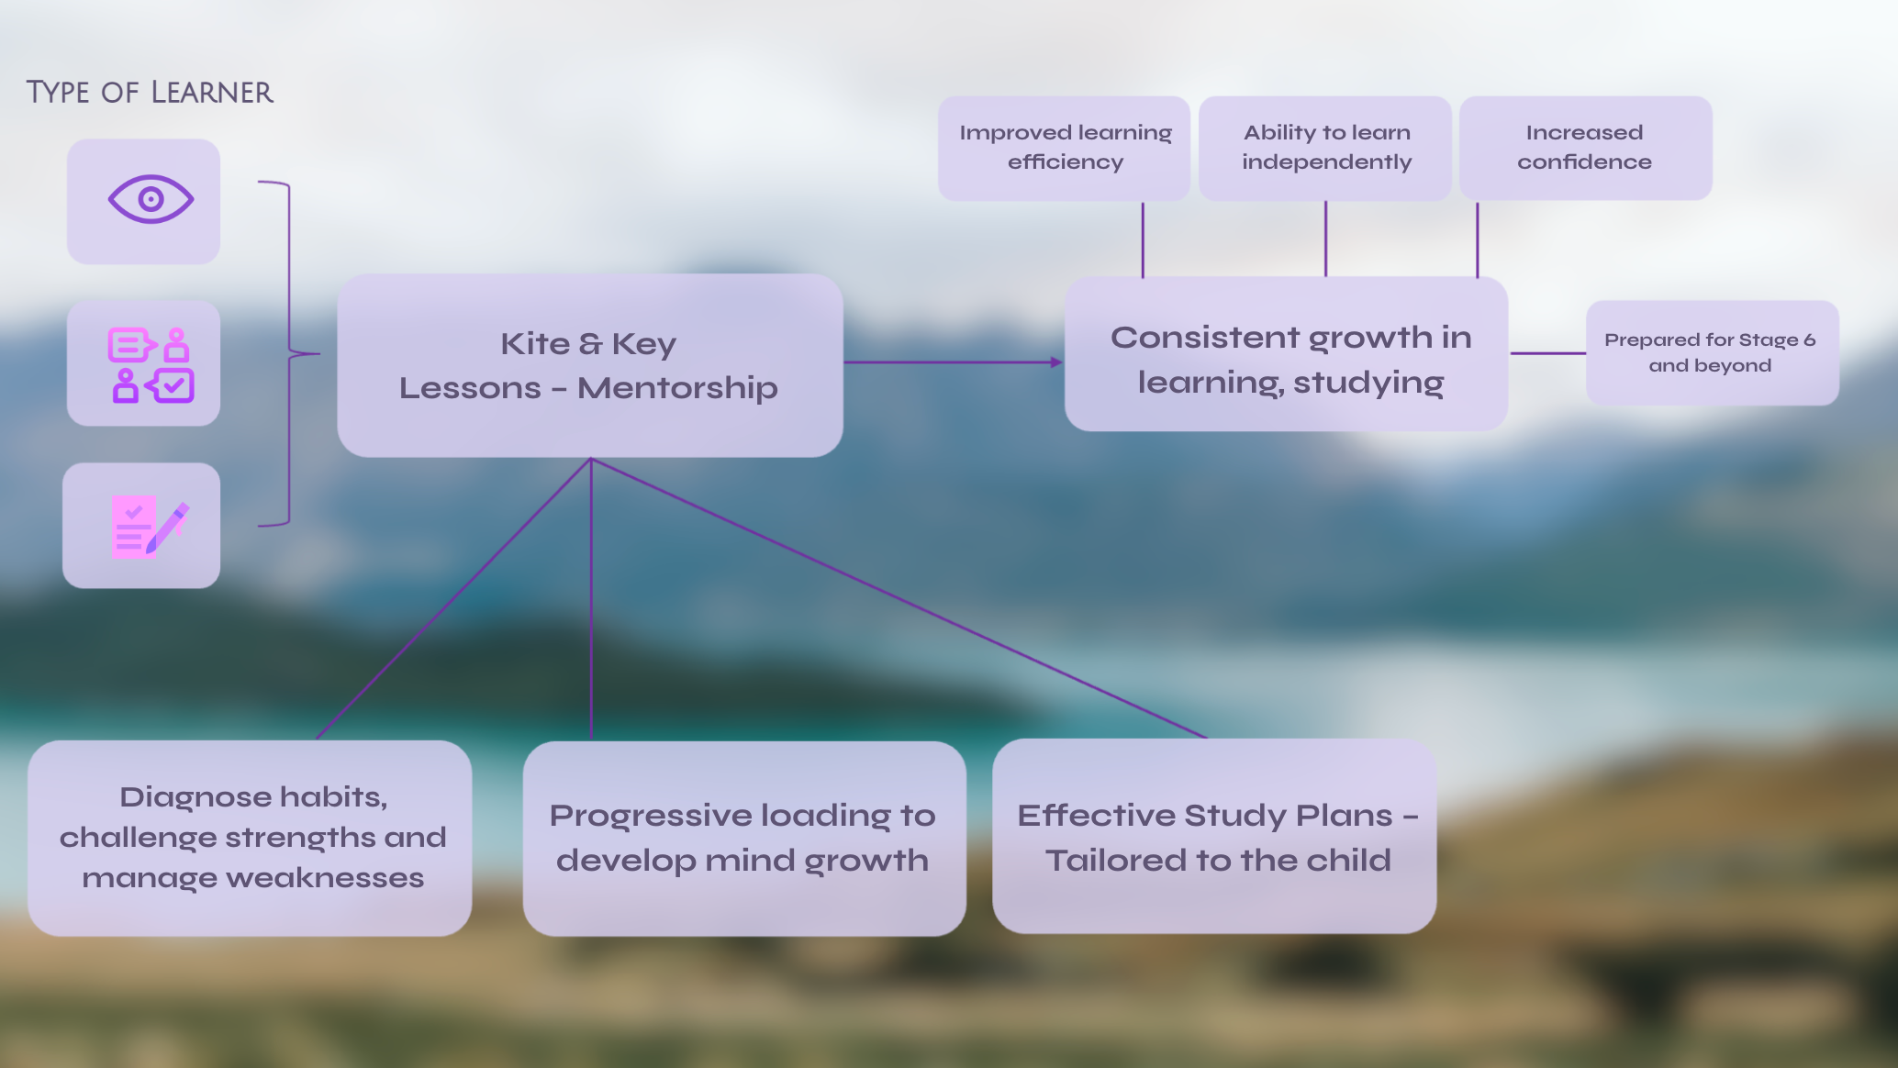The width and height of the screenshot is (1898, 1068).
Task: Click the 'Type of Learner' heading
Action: (x=150, y=93)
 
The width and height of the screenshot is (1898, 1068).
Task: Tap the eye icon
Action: (x=151, y=199)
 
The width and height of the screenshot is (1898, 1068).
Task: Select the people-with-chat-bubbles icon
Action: (x=151, y=364)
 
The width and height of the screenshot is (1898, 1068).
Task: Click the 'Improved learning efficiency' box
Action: (x=1065, y=148)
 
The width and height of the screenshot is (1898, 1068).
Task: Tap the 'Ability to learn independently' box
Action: (x=1325, y=148)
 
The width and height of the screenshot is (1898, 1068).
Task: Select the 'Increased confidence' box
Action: (x=1584, y=148)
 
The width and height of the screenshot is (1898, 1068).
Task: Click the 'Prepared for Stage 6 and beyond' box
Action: (x=1711, y=352)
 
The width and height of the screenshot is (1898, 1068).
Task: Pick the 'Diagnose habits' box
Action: (x=251, y=837)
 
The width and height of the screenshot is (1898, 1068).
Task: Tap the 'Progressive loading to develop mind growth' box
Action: (x=743, y=837)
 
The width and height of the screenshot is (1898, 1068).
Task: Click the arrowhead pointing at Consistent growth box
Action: (x=1056, y=362)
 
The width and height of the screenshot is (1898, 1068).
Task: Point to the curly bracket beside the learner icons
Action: (x=289, y=353)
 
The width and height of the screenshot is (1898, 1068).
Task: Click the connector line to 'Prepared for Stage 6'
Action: (x=1547, y=353)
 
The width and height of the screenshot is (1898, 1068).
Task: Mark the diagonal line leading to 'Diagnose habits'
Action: (x=454, y=598)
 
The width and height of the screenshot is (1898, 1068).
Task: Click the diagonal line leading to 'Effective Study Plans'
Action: (x=899, y=598)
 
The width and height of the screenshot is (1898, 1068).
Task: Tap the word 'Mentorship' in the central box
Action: (x=677, y=388)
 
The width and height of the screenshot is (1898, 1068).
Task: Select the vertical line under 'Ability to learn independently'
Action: (x=1325, y=239)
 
